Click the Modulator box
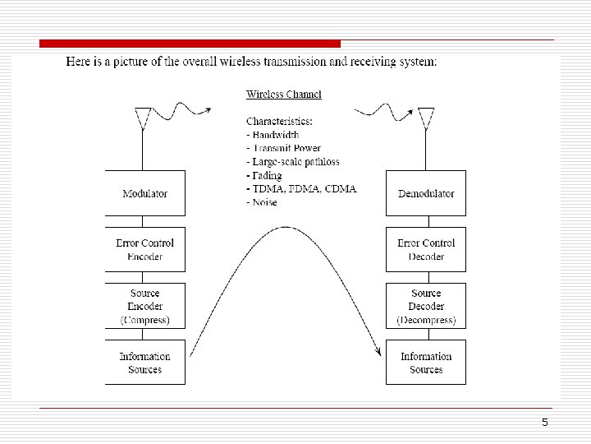[144, 193]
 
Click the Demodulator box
[426, 193]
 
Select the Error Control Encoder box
[144, 249]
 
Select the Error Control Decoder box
[426, 249]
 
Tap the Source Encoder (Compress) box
[144, 306]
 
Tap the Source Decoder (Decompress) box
[426, 306]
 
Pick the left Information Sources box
[144, 363]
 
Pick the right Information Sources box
[426, 363]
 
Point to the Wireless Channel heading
[284, 95]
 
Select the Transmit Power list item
[283, 149]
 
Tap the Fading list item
[265, 175]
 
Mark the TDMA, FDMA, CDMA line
[302, 189]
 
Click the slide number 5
[544, 422]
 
